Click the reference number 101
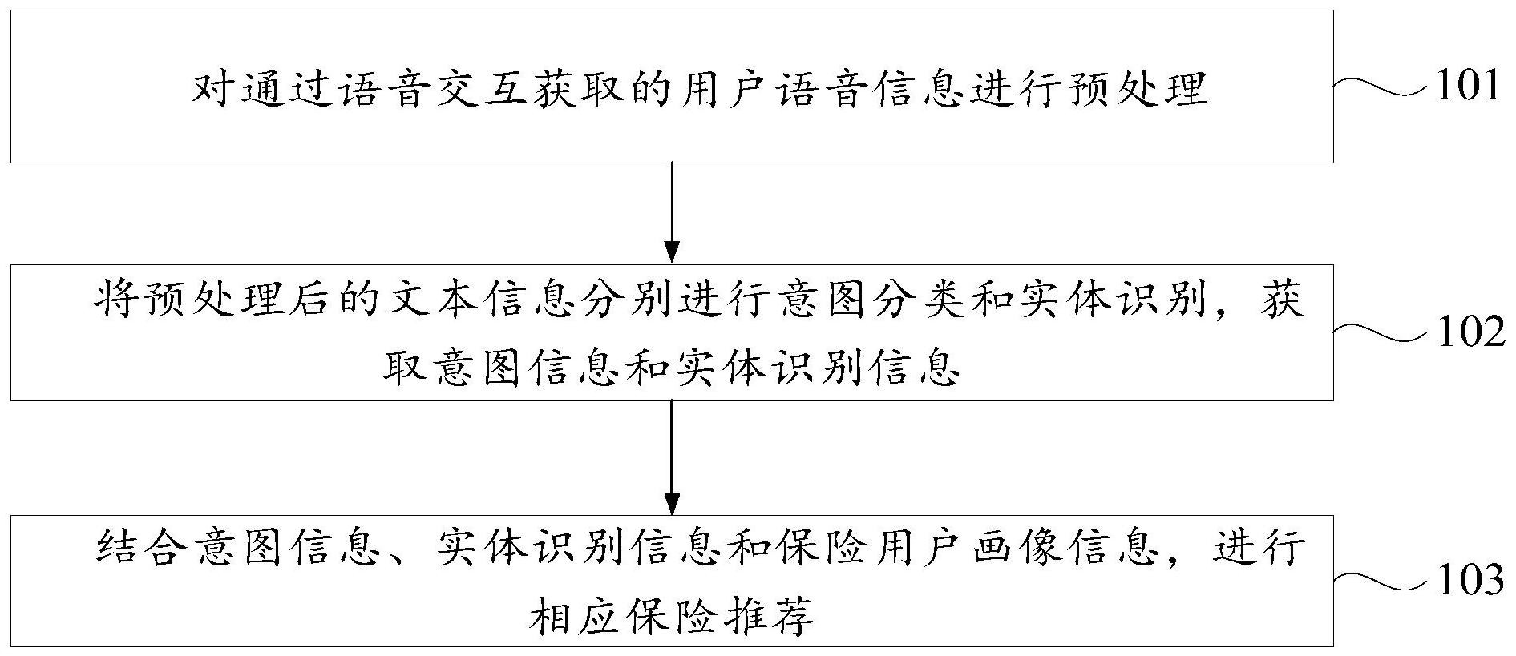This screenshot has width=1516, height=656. point(1468,87)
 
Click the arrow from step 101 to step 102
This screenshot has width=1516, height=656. point(672,212)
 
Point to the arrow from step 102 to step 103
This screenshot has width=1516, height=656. point(672,457)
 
